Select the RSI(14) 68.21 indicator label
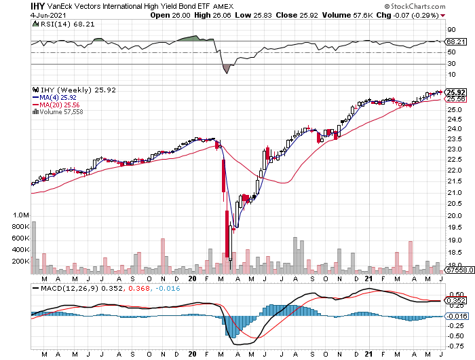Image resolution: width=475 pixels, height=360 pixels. click(x=58, y=23)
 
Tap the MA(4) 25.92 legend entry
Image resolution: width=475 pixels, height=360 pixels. click(x=58, y=97)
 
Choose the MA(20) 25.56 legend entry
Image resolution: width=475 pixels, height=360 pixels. click(x=60, y=105)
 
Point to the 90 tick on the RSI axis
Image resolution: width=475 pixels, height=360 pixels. click(x=451, y=30)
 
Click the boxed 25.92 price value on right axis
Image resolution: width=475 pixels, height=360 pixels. click(x=456, y=92)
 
